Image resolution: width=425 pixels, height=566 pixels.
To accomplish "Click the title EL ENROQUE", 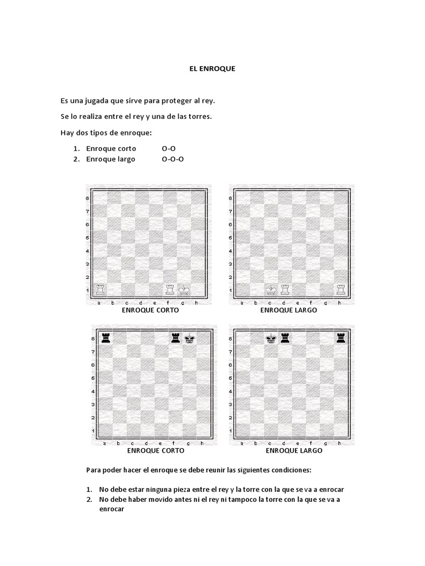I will (x=210, y=69).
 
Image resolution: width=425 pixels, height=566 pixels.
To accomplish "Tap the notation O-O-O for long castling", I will (x=173, y=160).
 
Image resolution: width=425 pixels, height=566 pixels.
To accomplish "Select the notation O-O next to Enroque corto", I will (x=169, y=149).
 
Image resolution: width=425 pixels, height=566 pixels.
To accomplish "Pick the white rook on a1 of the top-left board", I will (x=100, y=290).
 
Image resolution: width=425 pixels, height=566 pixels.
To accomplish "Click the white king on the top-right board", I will (x=271, y=290).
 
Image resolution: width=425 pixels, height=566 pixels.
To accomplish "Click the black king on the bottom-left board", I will (x=190, y=338).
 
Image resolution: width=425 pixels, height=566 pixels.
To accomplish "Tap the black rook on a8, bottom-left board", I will (x=106, y=338).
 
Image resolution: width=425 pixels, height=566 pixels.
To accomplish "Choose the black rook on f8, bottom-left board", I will (x=176, y=338).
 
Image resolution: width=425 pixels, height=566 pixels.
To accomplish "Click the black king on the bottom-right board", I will (x=271, y=338).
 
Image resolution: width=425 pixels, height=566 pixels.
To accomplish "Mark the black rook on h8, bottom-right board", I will (x=341, y=338).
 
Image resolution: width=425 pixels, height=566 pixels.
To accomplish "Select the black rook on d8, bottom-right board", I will (x=285, y=338).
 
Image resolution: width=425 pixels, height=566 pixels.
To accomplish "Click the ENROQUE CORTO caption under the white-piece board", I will (x=151, y=310).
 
